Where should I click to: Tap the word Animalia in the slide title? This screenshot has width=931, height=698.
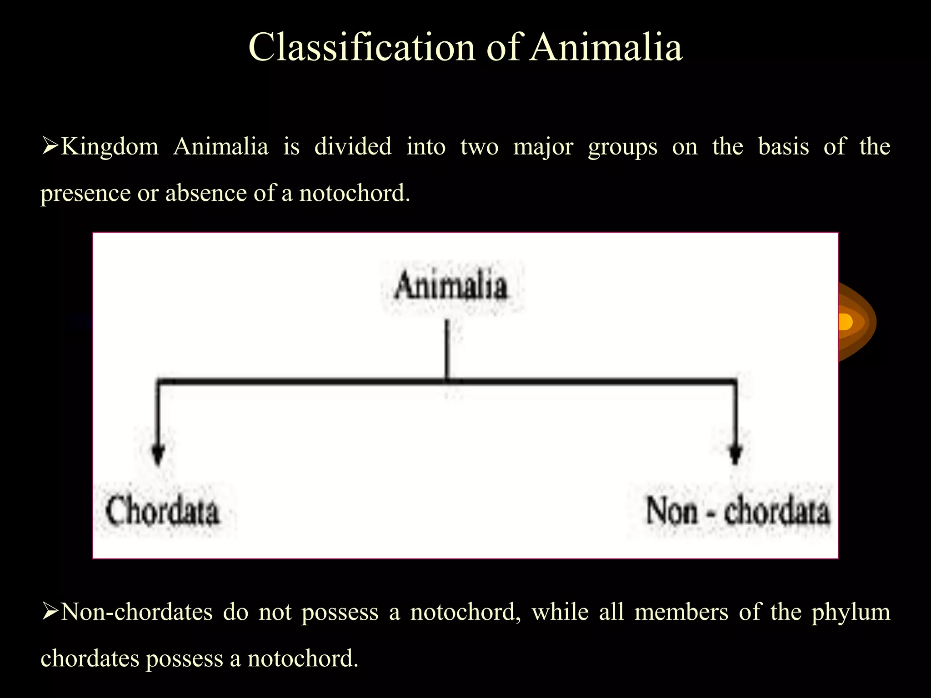(x=606, y=47)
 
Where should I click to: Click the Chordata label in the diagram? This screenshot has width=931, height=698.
(x=162, y=511)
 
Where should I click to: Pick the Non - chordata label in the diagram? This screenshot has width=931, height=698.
(x=737, y=511)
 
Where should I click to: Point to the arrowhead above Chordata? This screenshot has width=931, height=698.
(x=158, y=455)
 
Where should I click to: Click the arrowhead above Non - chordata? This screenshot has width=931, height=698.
(x=736, y=455)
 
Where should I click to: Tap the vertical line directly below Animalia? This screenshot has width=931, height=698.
(x=447, y=350)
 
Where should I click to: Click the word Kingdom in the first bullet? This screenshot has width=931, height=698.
(x=110, y=147)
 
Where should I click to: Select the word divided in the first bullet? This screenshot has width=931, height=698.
(x=353, y=147)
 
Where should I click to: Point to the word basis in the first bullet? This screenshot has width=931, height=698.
(x=783, y=147)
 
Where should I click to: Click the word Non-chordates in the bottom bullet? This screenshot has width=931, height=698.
(x=136, y=612)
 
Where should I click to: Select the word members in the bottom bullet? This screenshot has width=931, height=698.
(x=681, y=612)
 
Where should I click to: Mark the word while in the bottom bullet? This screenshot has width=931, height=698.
(x=560, y=612)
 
